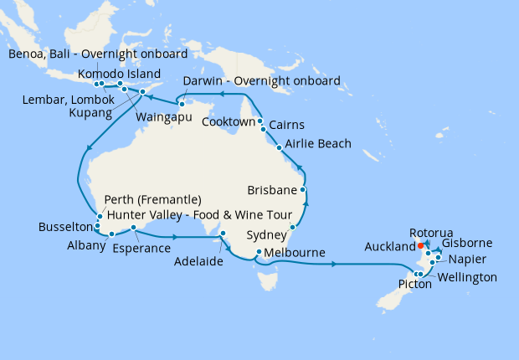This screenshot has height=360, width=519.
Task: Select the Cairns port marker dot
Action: click(263, 130)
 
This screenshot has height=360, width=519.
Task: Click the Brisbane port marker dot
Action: click(302, 177)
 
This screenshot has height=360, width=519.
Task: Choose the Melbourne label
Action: click(296, 252)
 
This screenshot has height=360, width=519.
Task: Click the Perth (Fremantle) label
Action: click(152, 199)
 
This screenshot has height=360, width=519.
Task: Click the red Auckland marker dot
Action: click(420, 246)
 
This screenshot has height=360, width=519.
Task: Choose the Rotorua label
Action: click(431, 232)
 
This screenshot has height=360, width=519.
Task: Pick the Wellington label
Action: click(466, 277)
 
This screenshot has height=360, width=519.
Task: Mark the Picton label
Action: click(414, 285)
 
